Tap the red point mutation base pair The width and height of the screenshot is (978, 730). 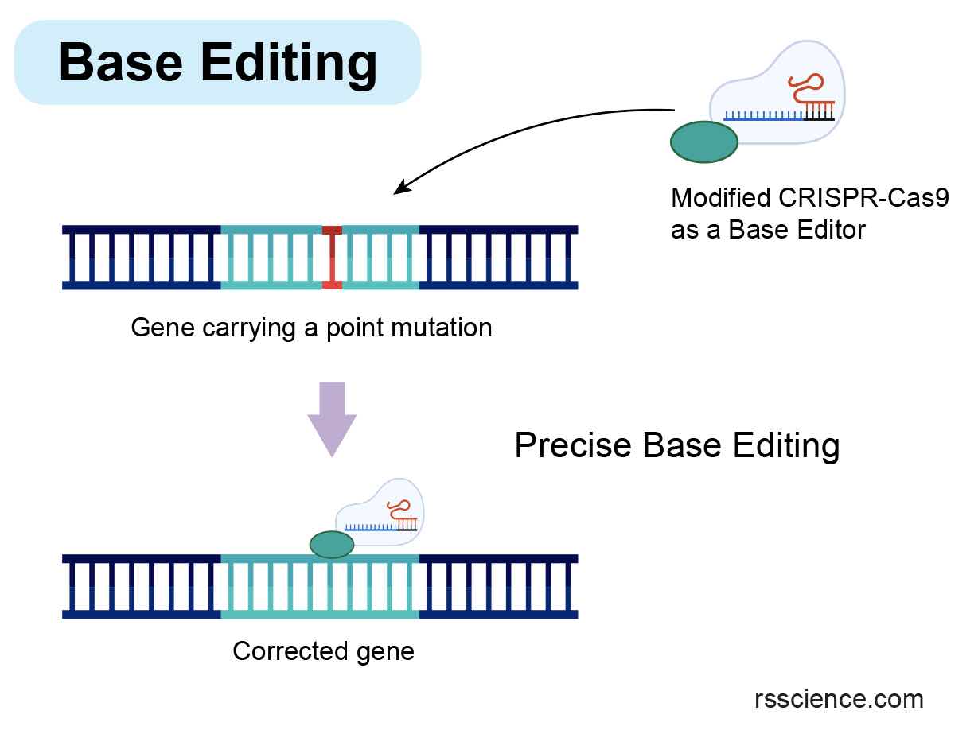coord(332,257)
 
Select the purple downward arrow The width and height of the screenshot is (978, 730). coord(332,418)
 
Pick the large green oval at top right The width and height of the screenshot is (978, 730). coord(704,142)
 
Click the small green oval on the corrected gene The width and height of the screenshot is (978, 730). coord(332,545)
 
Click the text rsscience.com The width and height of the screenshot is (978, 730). coord(839,699)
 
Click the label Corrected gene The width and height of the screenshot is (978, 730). coord(323,651)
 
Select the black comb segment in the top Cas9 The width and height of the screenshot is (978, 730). coord(819,113)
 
